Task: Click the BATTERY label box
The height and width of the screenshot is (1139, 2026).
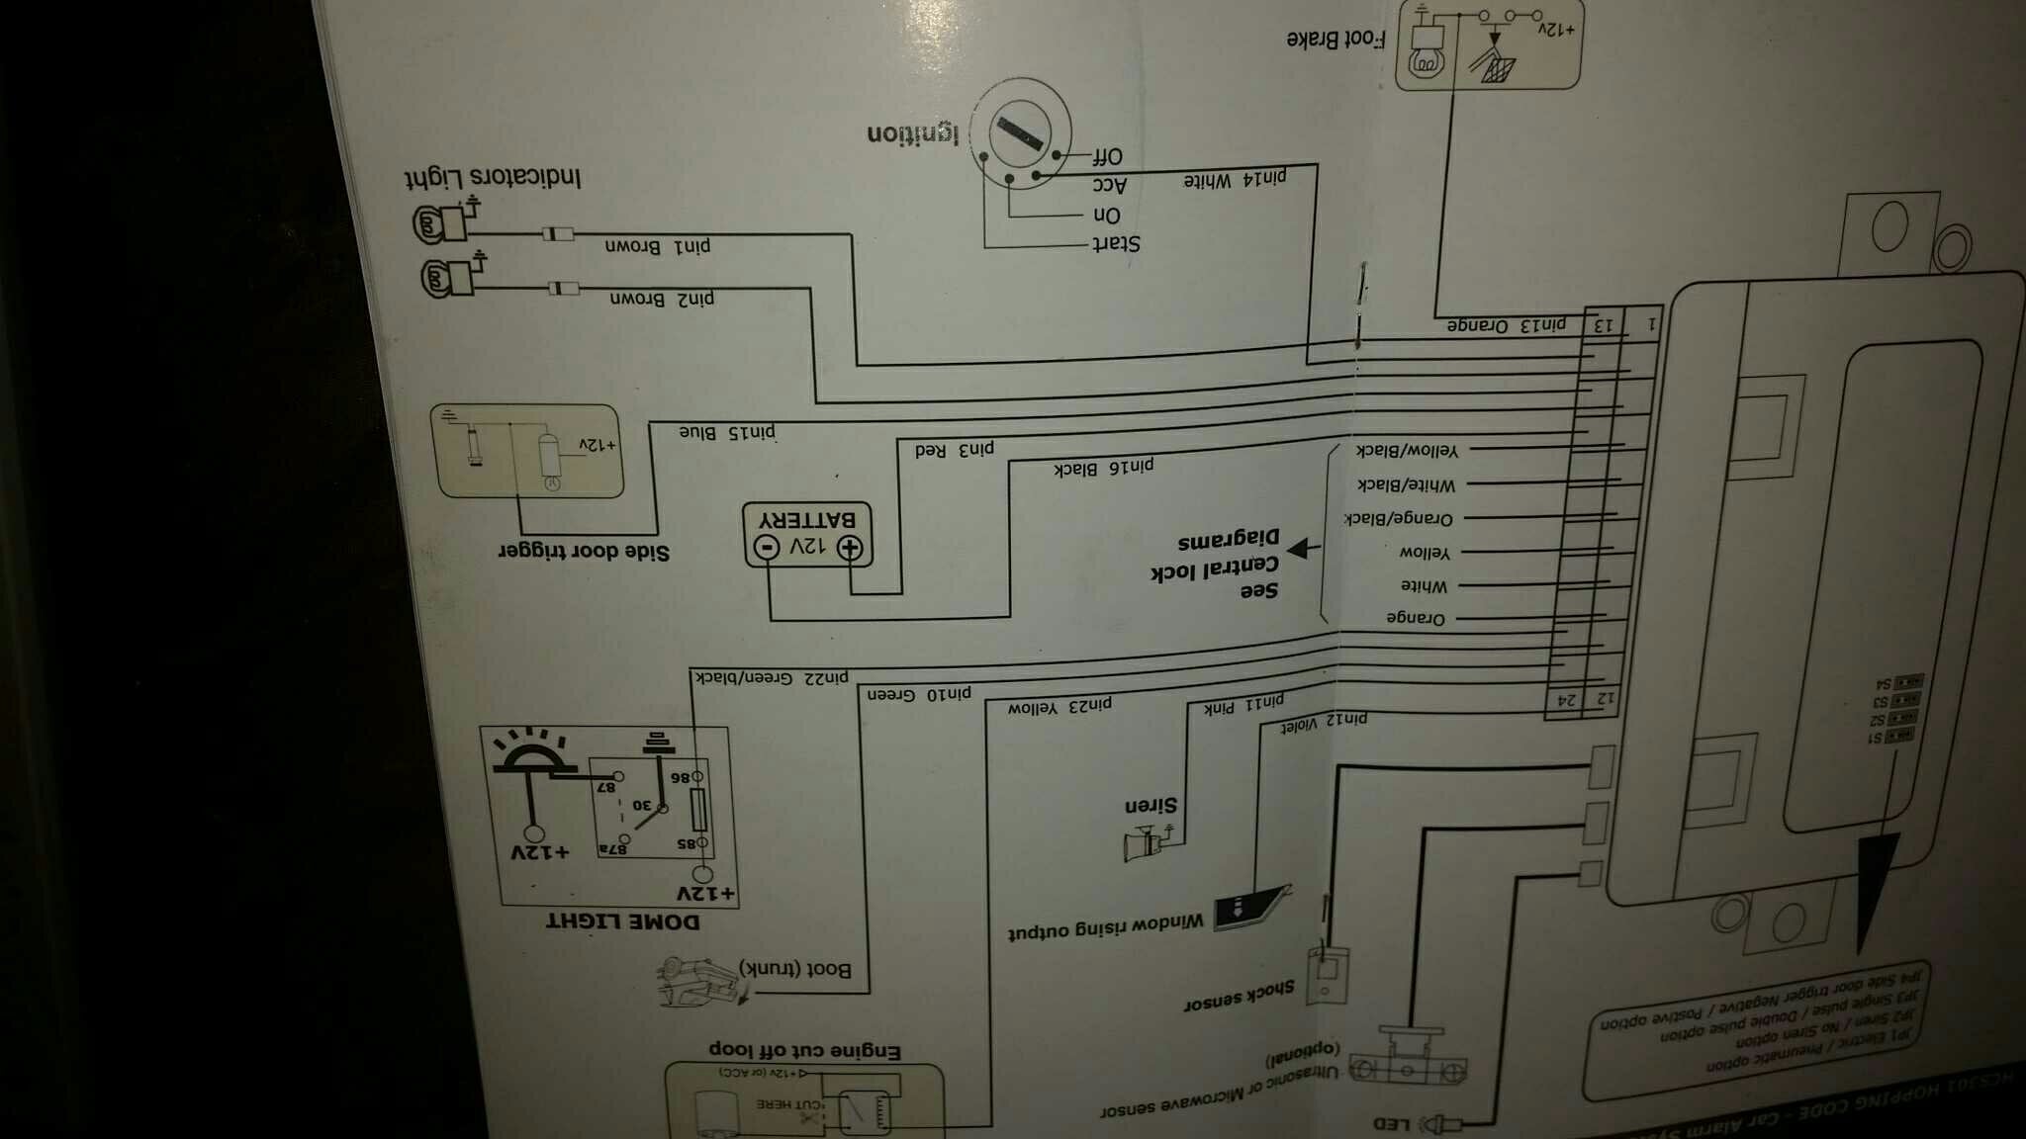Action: tap(807, 534)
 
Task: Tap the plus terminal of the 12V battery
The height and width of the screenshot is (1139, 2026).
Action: tap(850, 547)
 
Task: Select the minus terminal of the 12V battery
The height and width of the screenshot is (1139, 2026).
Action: tap(768, 547)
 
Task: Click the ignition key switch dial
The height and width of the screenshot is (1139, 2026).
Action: tap(1021, 133)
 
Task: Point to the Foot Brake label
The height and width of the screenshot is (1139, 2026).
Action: tap(1335, 40)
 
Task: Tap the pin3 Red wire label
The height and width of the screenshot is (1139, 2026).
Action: tap(954, 450)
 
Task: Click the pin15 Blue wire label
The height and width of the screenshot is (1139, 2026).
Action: tap(727, 432)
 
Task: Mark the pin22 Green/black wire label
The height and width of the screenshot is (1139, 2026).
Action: tap(772, 677)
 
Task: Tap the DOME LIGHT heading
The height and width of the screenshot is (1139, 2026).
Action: tap(622, 921)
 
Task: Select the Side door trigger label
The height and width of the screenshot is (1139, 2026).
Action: tap(584, 552)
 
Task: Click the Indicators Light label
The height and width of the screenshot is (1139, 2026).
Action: tap(493, 178)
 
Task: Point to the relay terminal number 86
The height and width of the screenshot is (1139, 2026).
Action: tap(682, 777)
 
